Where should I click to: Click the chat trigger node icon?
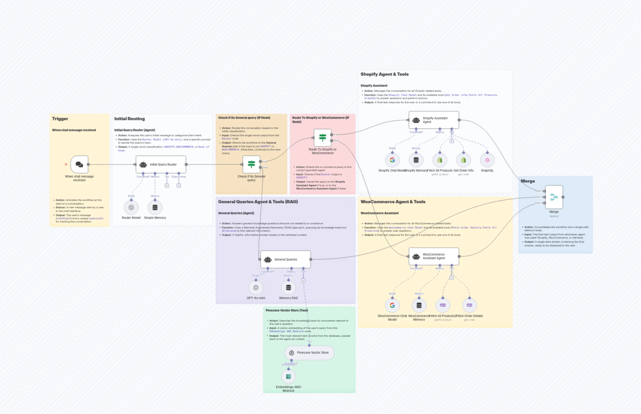click(x=79, y=164)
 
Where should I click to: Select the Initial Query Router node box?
click(x=161, y=164)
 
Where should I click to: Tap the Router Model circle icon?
click(x=131, y=208)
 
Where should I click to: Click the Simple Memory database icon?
click(x=155, y=208)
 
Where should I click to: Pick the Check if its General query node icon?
click(x=251, y=164)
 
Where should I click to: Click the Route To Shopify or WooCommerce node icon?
click(x=322, y=138)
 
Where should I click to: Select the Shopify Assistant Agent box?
click(x=434, y=120)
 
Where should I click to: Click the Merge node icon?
click(x=554, y=197)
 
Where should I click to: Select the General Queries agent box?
click(x=286, y=259)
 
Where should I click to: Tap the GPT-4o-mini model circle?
click(x=256, y=288)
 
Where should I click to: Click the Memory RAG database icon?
click(x=289, y=288)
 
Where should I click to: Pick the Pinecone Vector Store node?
click(x=309, y=353)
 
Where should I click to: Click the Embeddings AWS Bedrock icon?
click(x=289, y=377)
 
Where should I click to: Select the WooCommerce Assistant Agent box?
click(x=434, y=256)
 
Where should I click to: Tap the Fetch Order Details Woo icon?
click(x=469, y=305)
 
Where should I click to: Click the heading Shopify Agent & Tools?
click(x=385, y=74)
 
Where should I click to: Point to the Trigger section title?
click(x=60, y=119)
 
